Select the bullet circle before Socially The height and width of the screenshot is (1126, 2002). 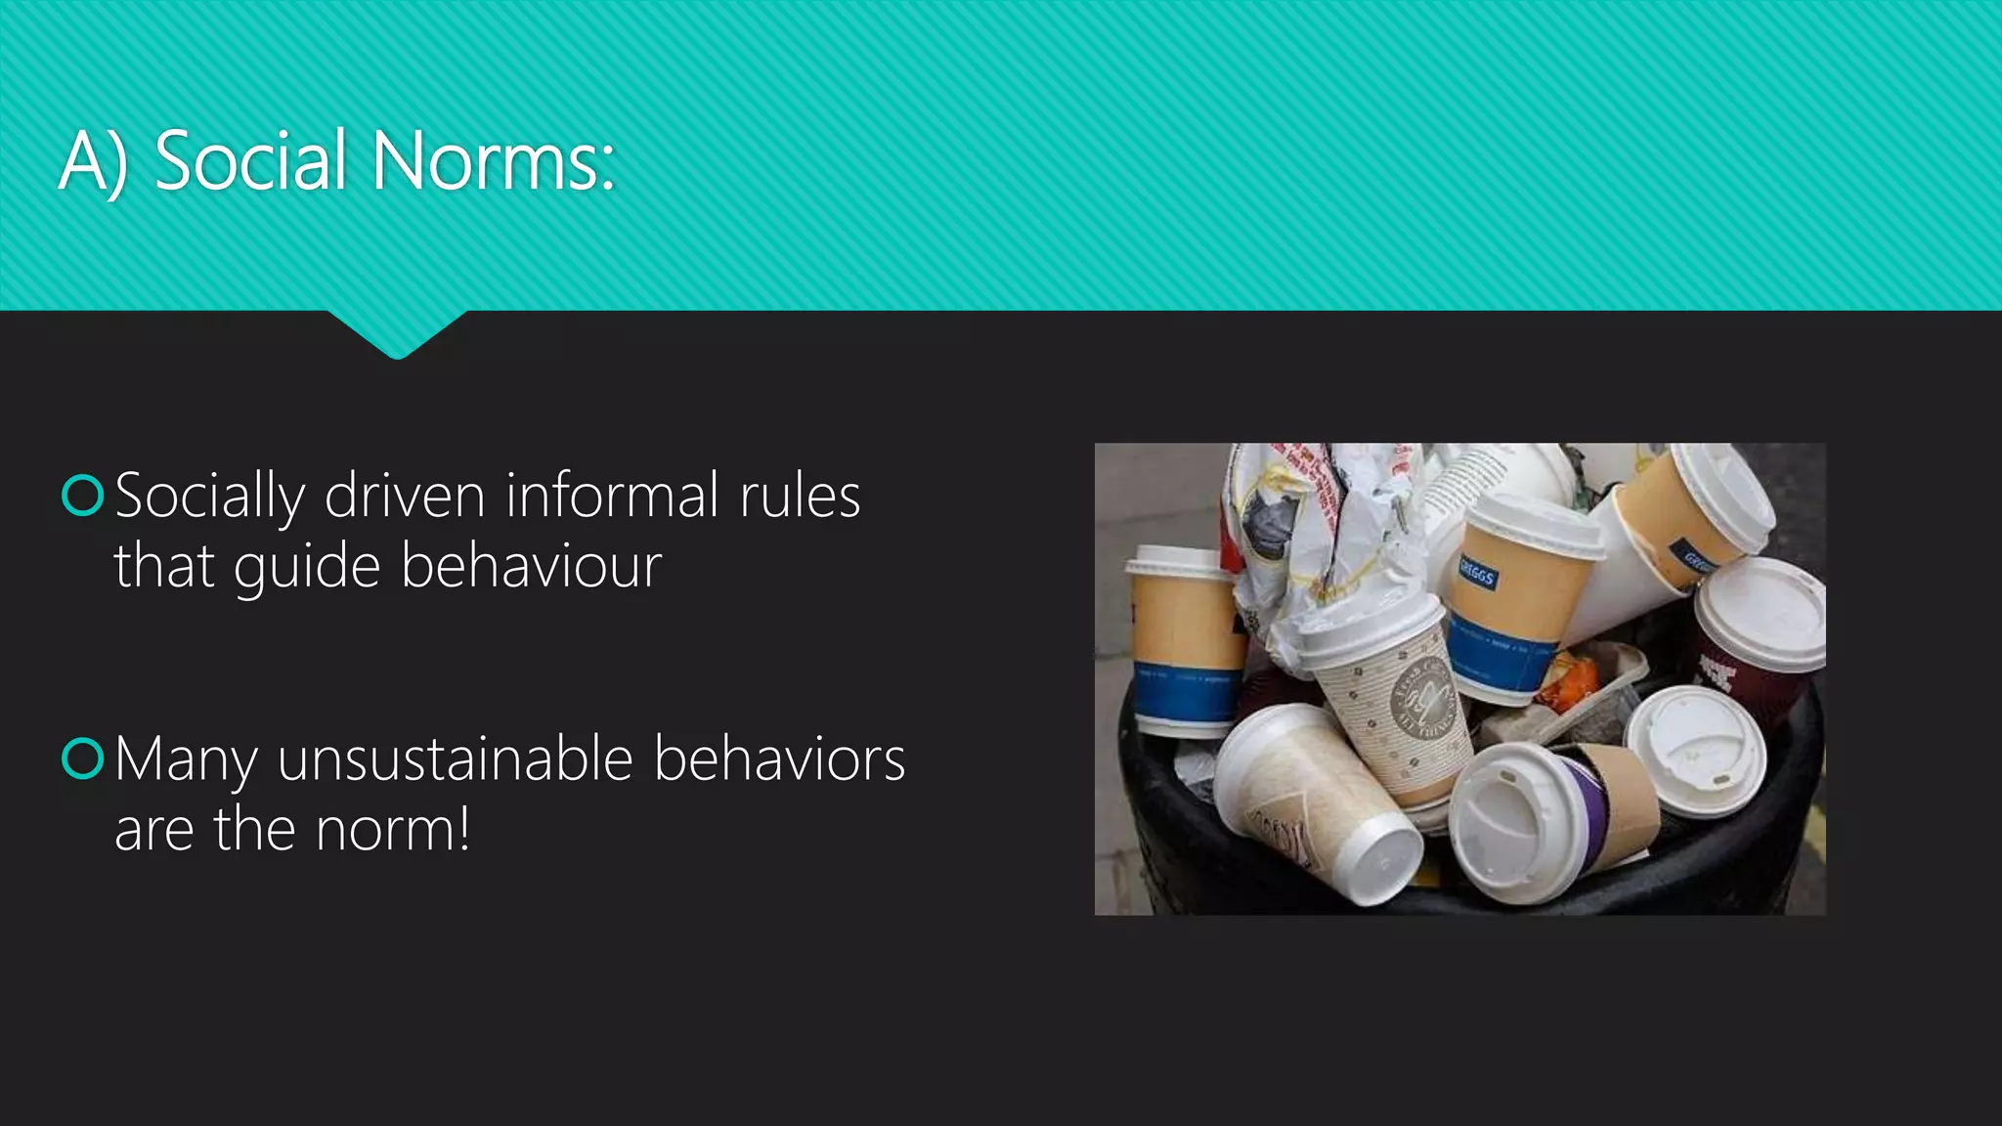[82, 495]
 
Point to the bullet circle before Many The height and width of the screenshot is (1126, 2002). [82, 758]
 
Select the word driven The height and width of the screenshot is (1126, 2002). [405, 496]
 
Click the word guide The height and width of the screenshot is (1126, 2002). [307, 568]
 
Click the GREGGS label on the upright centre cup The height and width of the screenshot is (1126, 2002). [1477, 572]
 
